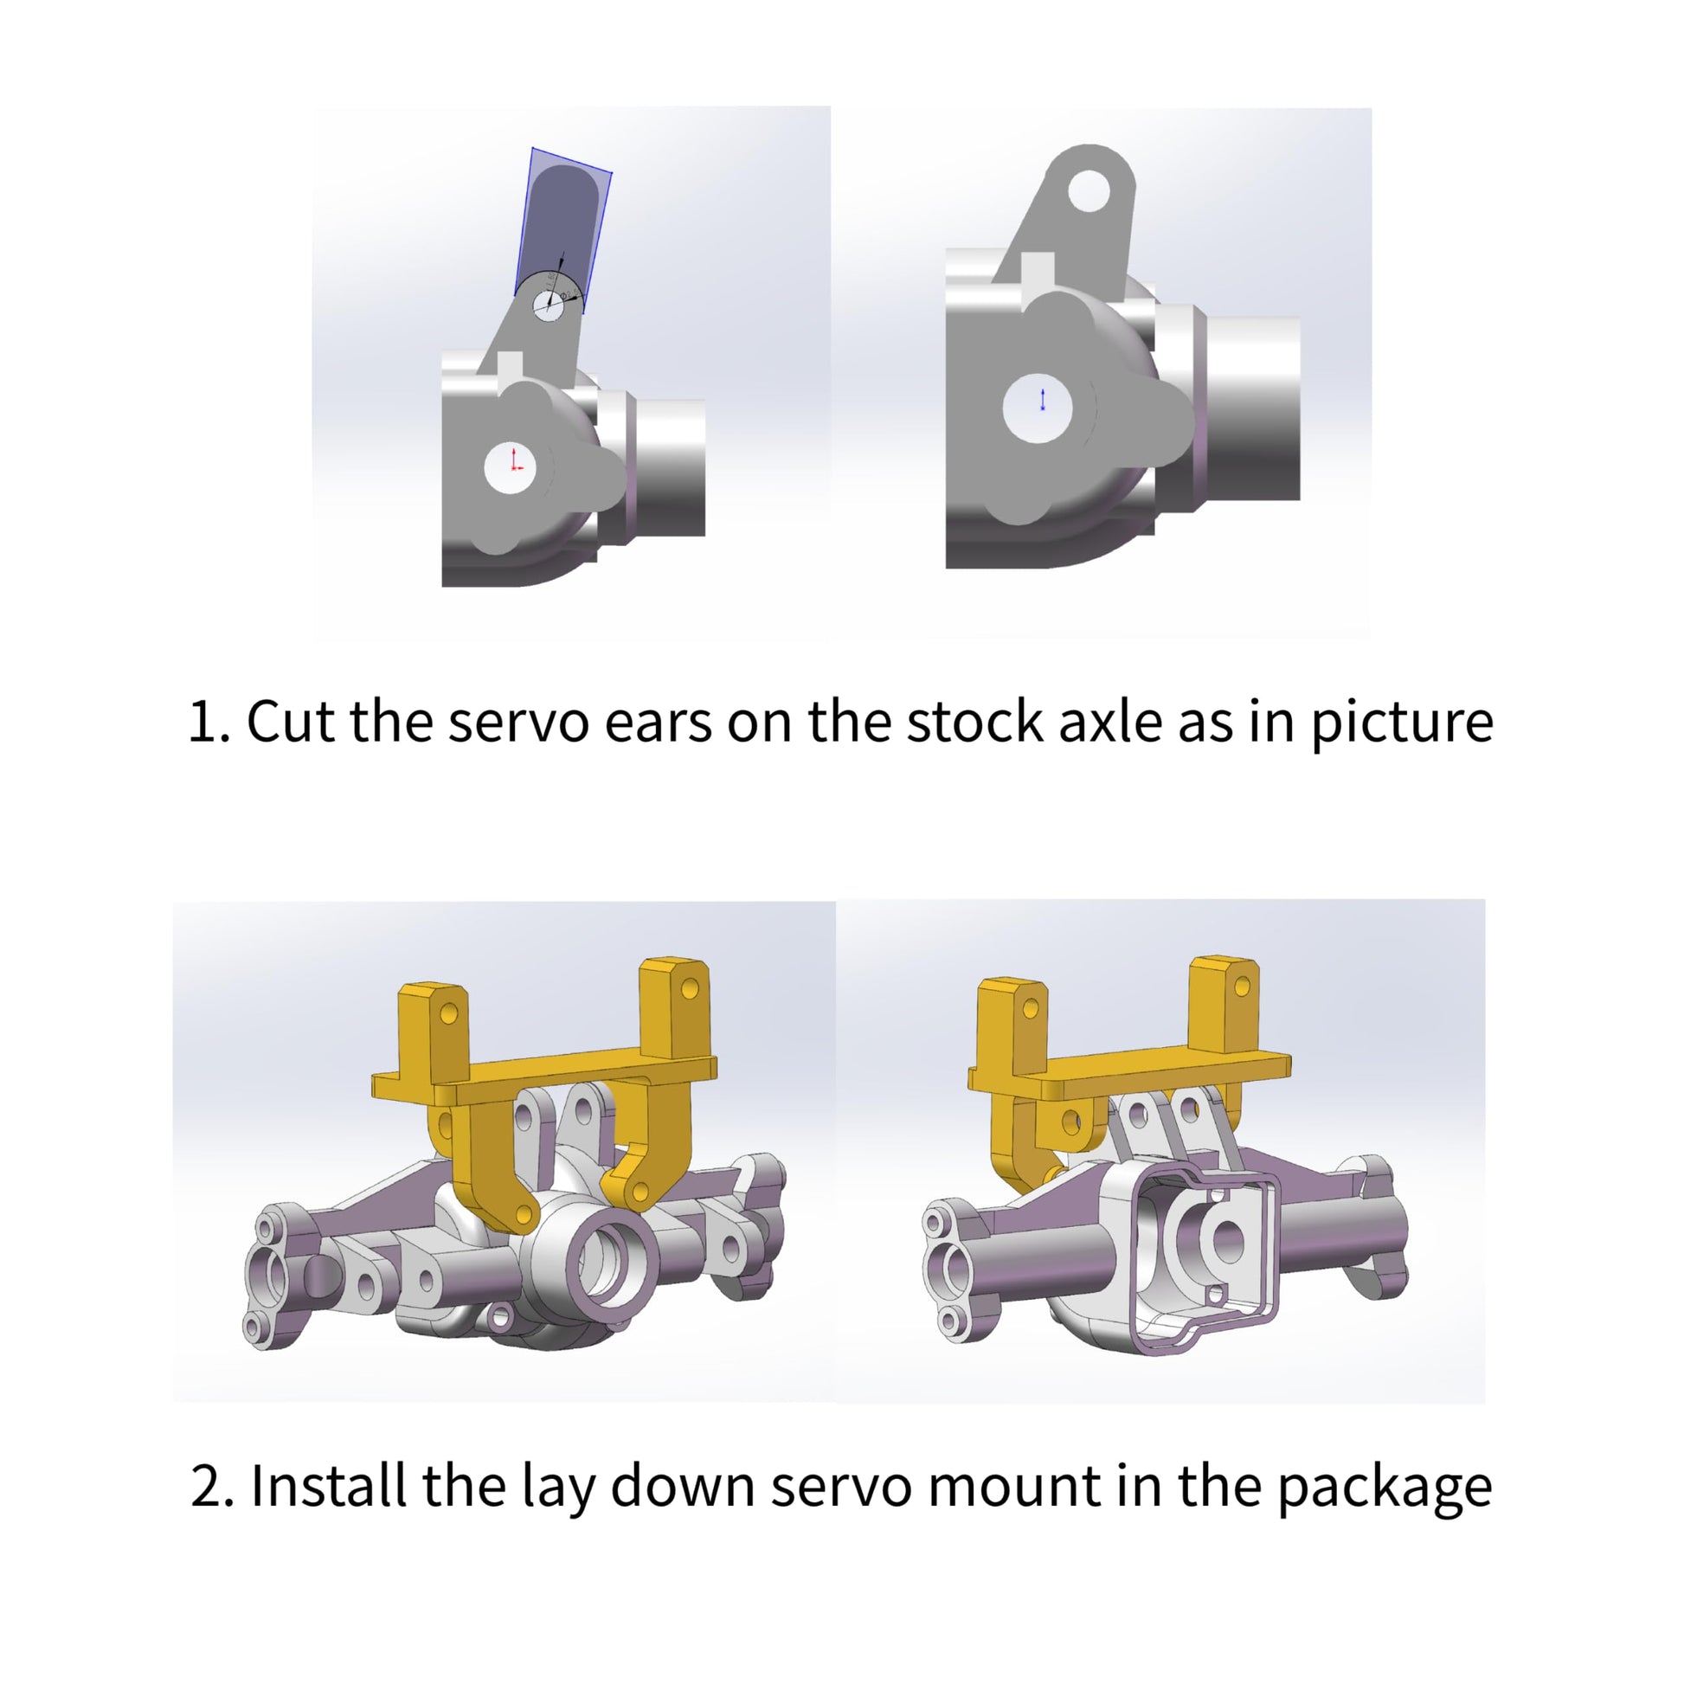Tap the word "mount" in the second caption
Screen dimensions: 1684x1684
1012,1488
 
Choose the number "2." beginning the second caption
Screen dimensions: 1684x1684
212,1486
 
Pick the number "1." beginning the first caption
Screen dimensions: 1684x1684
210,722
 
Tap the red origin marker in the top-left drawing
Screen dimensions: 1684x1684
515,460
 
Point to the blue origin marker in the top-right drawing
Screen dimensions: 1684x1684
1043,399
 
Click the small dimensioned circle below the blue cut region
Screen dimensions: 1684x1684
550,305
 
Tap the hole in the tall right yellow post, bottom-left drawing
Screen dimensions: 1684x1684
690,988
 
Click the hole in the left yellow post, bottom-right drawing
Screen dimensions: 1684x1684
1031,1008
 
